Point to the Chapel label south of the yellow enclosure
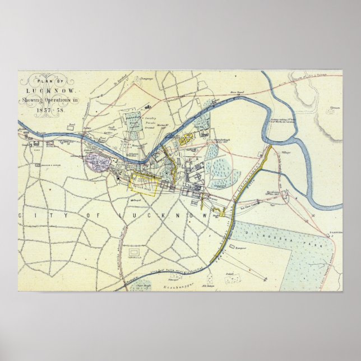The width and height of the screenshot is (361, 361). click(136, 198)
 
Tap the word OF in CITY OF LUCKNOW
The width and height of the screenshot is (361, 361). click(98, 215)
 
